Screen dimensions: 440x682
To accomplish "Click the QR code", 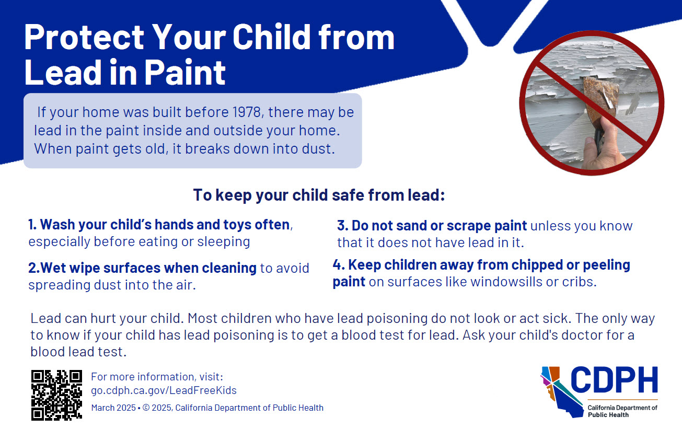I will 56,395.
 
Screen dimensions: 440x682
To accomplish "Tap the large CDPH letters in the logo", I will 614,380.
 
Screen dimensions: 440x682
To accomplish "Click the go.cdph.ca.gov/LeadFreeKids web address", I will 164,390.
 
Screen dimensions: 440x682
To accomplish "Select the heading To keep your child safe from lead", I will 319,195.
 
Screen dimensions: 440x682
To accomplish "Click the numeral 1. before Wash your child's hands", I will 32,225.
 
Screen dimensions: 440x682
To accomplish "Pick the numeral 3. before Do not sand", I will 342,226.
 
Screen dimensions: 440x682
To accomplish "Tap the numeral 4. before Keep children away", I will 338,265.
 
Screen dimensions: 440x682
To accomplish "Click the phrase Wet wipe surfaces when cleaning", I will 142,268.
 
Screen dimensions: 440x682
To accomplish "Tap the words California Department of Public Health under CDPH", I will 622,411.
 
